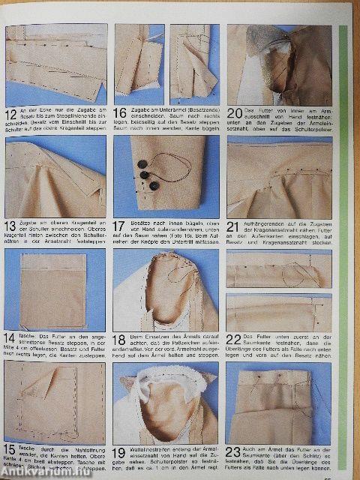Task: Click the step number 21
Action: [x=232, y=226]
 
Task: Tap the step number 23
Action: [x=233, y=453]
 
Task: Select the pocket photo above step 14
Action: [x=55, y=289]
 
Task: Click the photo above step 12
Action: [x=55, y=65]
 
